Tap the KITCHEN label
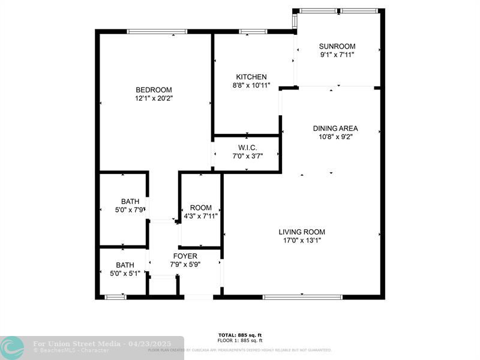click(251, 77)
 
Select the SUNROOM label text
click(337, 46)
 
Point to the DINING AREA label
click(335, 128)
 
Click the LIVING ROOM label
click(302, 232)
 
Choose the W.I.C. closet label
click(247, 147)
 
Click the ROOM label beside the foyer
click(200, 208)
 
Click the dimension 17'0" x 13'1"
click(302, 241)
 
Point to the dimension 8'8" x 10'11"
click(251, 85)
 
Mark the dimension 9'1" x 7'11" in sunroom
click(337, 55)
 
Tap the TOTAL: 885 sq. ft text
click(239, 335)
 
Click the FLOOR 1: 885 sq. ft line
click(239, 340)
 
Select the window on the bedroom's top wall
click(157, 31)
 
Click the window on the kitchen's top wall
click(253, 31)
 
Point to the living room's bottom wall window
click(302, 296)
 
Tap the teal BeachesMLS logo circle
click(12, 347)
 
